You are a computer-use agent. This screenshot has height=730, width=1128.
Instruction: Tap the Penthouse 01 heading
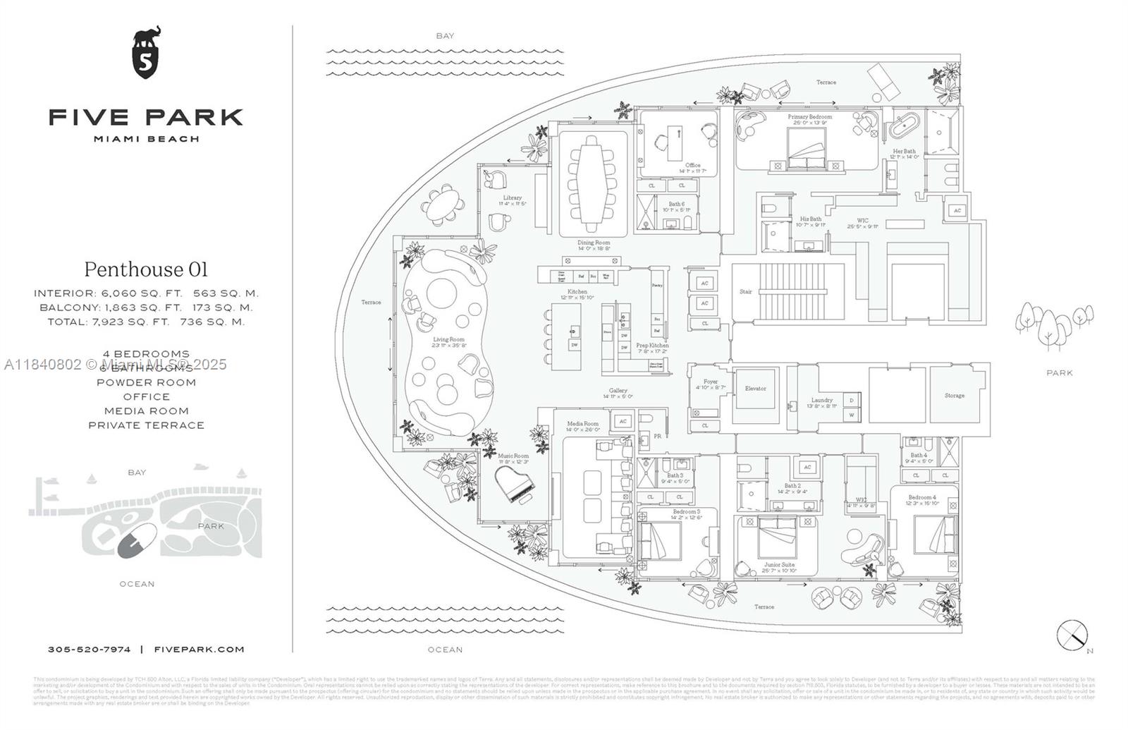point(146,269)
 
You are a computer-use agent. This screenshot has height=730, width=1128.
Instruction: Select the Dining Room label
point(594,243)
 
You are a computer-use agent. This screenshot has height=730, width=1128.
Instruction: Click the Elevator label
point(755,389)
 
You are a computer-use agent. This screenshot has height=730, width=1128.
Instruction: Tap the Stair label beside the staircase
point(745,291)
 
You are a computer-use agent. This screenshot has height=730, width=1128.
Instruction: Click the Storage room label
point(954,396)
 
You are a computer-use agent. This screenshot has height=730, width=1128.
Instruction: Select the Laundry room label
point(822,400)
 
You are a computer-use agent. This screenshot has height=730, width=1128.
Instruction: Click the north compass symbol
point(1072,634)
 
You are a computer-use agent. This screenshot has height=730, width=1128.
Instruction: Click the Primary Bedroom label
point(809,117)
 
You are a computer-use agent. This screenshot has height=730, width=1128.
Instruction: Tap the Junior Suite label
point(778,565)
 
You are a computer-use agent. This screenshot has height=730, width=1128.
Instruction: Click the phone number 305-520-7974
point(89,650)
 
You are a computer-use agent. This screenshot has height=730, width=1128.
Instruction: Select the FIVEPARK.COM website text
point(199,650)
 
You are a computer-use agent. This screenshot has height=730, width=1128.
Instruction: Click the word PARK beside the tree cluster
point(1059,372)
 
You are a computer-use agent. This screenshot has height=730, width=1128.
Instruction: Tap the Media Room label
point(582,425)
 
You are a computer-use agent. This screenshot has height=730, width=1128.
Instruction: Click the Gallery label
point(618,391)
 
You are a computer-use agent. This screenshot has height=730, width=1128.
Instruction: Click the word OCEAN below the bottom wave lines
point(445,650)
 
